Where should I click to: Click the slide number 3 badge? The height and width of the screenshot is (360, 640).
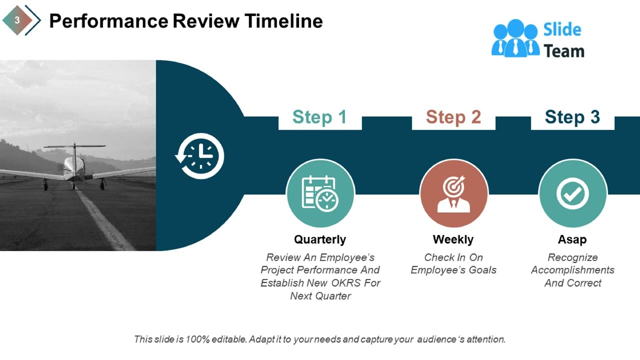(x=17, y=20)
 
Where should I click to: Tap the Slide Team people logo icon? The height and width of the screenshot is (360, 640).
(x=515, y=38)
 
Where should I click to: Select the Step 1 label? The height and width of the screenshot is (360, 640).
(x=319, y=117)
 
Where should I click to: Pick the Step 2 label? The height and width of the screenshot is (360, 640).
(x=453, y=117)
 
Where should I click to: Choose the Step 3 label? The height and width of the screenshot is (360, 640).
(x=572, y=117)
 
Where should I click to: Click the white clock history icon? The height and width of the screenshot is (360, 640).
(x=200, y=156)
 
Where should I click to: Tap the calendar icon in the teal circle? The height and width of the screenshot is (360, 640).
(x=320, y=193)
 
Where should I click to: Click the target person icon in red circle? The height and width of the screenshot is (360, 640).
(x=453, y=193)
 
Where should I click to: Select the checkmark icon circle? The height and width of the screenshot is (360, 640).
(x=572, y=193)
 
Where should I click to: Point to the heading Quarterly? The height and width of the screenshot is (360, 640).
(x=320, y=239)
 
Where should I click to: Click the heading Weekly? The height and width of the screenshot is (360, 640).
(x=453, y=239)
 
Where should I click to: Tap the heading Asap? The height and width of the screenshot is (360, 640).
(x=572, y=239)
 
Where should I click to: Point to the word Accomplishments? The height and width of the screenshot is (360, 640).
(x=572, y=270)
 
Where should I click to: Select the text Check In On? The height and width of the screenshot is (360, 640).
(x=453, y=257)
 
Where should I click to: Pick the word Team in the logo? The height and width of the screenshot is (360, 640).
(x=564, y=51)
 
